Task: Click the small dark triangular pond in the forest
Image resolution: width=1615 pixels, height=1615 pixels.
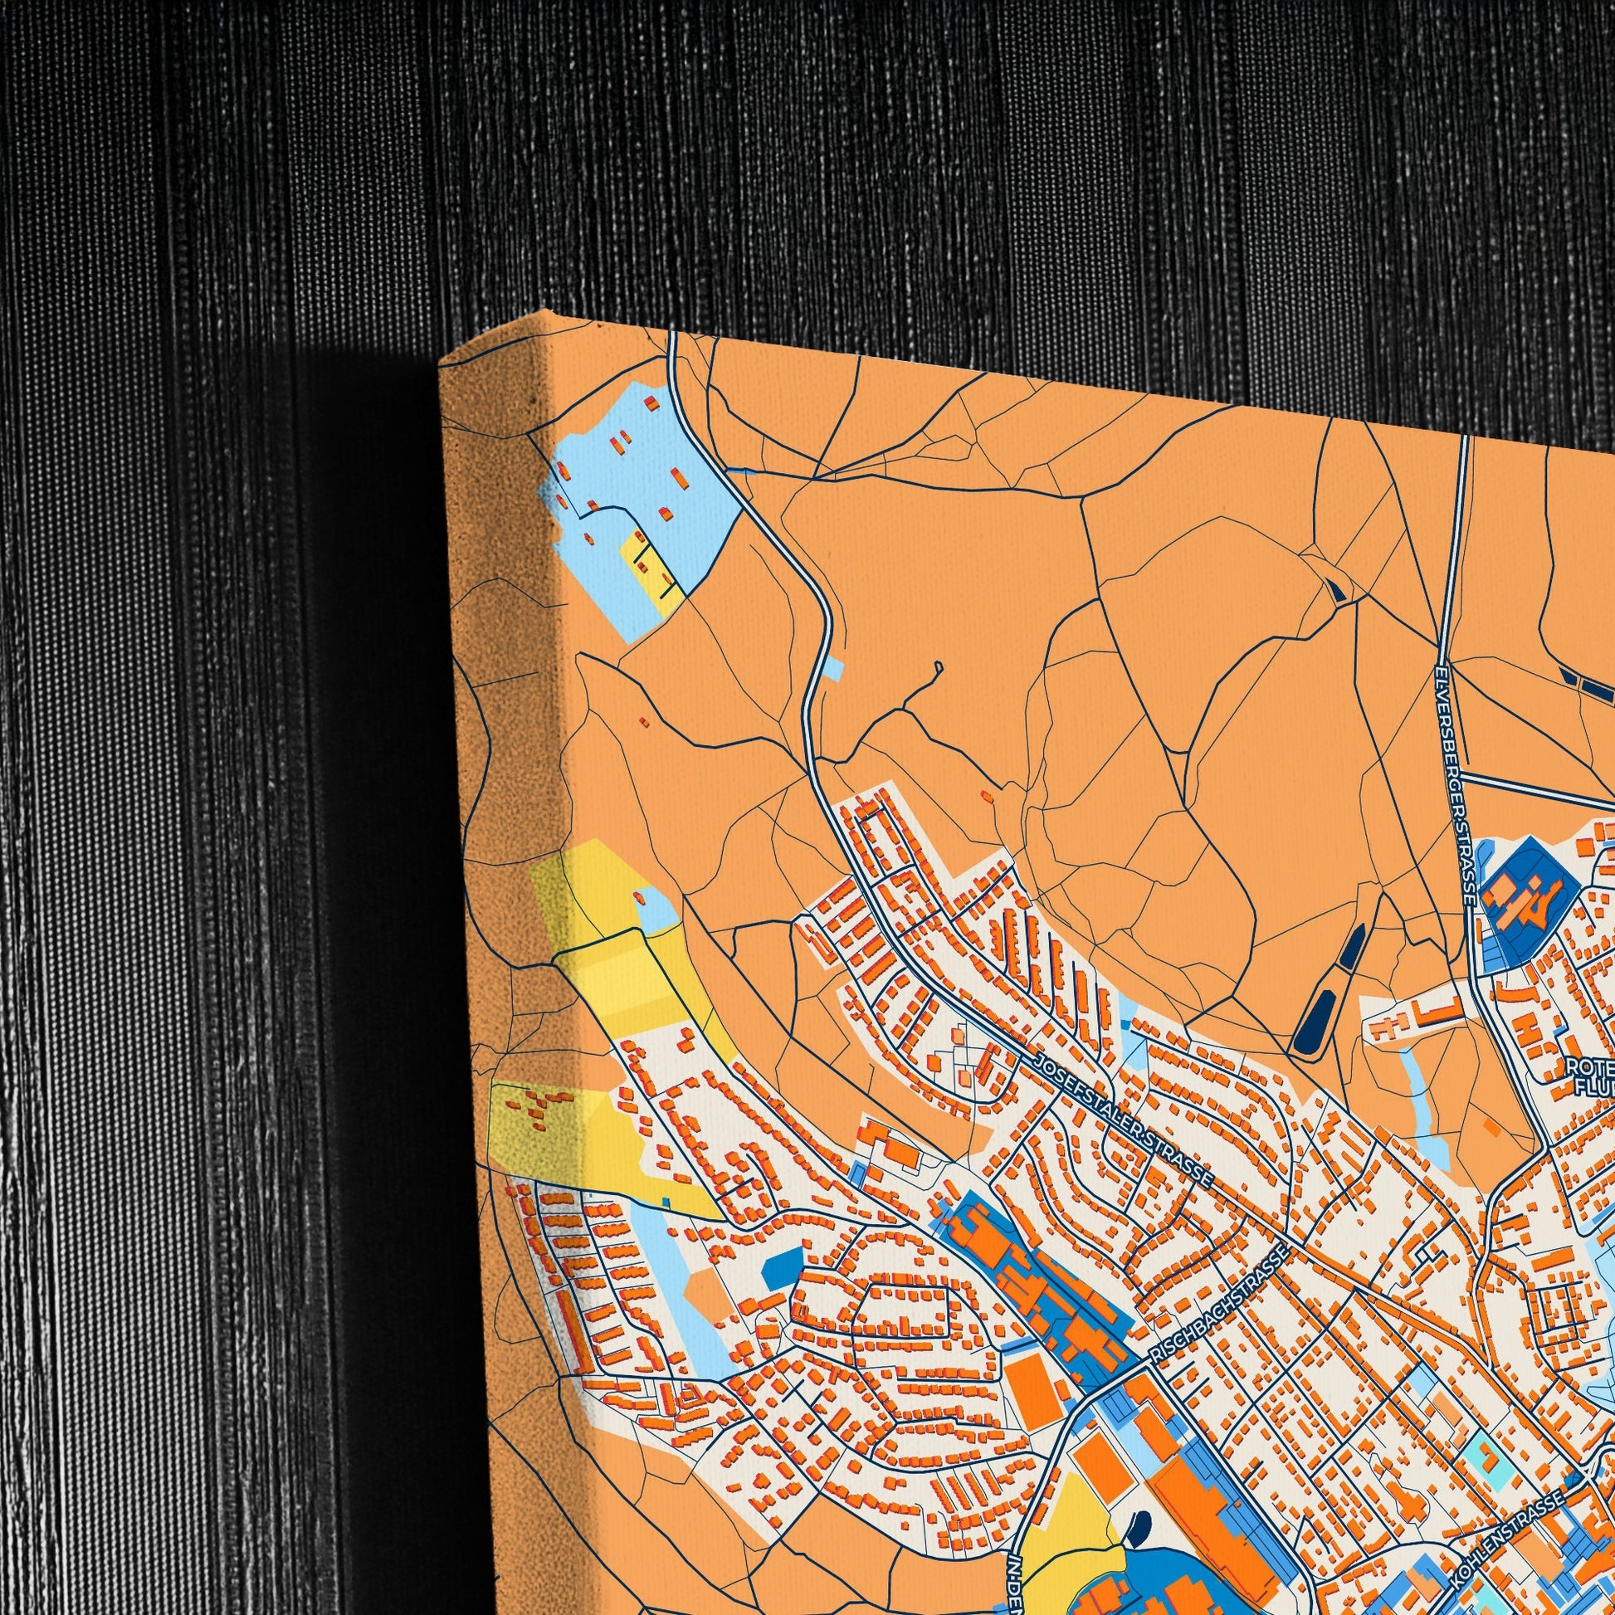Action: [x=1338, y=591]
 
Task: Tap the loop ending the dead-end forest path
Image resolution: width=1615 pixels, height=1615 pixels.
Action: [x=938, y=666]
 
